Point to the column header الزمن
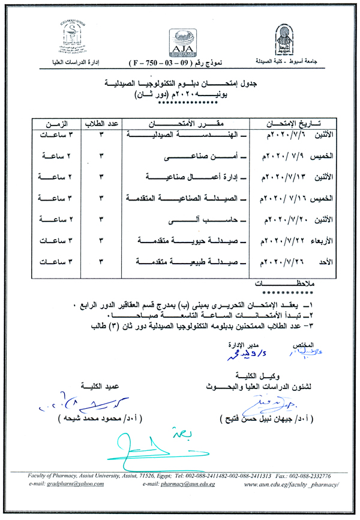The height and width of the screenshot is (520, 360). point(56,124)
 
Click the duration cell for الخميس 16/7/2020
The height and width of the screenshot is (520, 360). point(56,199)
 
